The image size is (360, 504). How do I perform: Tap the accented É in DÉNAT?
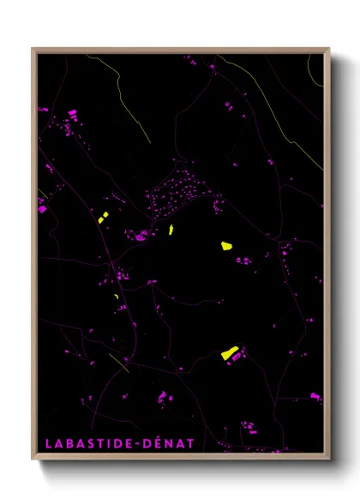pyautogui.click(x=163, y=442)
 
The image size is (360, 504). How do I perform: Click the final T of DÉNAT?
pyautogui.click(x=193, y=443)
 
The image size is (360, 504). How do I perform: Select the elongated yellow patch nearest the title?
pyautogui.click(x=229, y=351)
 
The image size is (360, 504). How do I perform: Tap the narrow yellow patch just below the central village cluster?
pyautogui.click(x=171, y=229)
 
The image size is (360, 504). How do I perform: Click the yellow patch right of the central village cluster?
pyautogui.click(x=226, y=245)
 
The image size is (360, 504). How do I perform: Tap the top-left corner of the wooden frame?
pyautogui.click(x=33, y=49)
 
